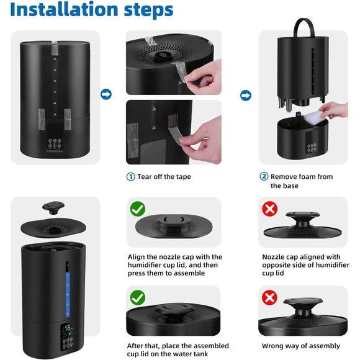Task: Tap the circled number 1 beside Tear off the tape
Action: [x=130, y=177]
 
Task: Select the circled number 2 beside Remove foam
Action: [x=264, y=176]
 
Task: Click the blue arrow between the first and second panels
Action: [x=106, y=94]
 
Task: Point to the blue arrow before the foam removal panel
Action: [x=246, y=96]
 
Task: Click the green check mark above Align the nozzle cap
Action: [x=138, y=209]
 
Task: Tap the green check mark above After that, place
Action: [x=138, y=297]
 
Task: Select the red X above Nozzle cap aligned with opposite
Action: [x=270, y=209]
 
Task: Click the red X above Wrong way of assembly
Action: [x=269, y=297]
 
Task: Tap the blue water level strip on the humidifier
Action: [x=68, y=294]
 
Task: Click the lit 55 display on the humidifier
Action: [x=68, y=328]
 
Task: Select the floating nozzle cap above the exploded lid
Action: [x=53, y=207]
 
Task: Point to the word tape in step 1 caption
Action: [x=184, y=177]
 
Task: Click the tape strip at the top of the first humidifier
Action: [x=55, y=48]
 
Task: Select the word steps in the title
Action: [x=148, y=11]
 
